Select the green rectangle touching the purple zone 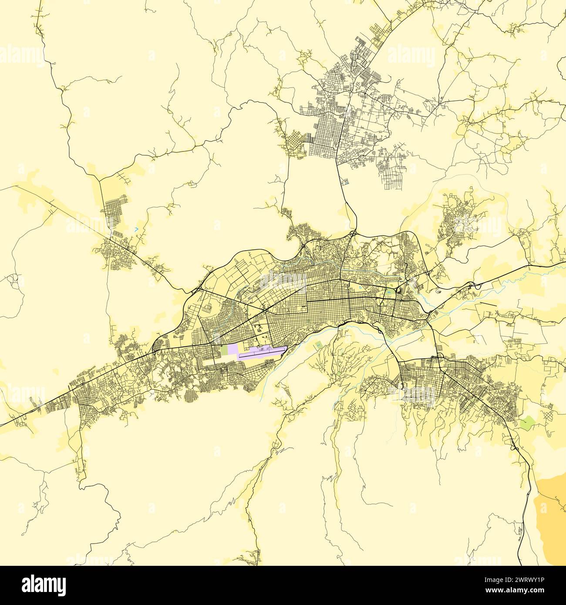(224, 350)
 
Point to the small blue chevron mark (136, 229)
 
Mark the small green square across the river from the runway (318, 345)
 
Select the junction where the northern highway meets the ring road (353, 233)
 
